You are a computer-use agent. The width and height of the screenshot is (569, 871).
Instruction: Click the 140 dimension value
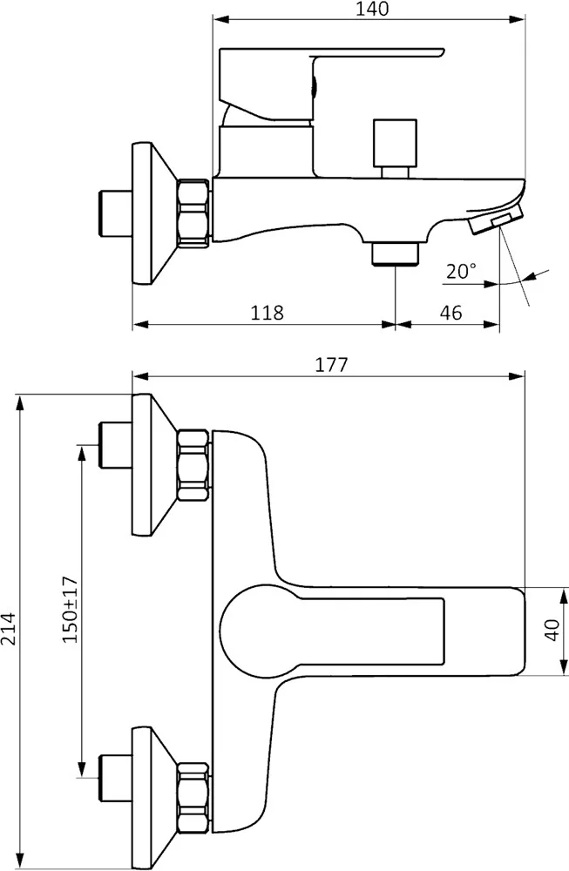(372, 9)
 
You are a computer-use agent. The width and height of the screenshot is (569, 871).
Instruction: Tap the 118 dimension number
(268, 313)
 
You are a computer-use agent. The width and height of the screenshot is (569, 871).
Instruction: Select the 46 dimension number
(450, 313)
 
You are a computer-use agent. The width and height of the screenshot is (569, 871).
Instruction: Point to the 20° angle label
(461, 272)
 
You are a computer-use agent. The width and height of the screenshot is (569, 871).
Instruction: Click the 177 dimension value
(332, 364)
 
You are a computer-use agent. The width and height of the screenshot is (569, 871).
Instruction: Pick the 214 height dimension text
(9, 628)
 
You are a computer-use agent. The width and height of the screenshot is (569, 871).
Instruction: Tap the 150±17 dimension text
(70, 610)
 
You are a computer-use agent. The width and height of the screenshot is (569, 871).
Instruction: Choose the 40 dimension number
(552, 630)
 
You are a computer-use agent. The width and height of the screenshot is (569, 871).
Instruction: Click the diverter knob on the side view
(395, 148)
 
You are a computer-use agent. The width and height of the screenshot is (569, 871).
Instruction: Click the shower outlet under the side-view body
(395, 254)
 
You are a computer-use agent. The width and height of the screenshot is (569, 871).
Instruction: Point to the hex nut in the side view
(194, 212)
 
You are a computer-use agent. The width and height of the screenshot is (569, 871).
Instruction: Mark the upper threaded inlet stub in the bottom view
(115, 445)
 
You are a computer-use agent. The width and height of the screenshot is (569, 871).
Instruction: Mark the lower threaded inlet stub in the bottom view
(115, 778)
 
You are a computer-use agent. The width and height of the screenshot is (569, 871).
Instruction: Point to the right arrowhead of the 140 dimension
(518, 21)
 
